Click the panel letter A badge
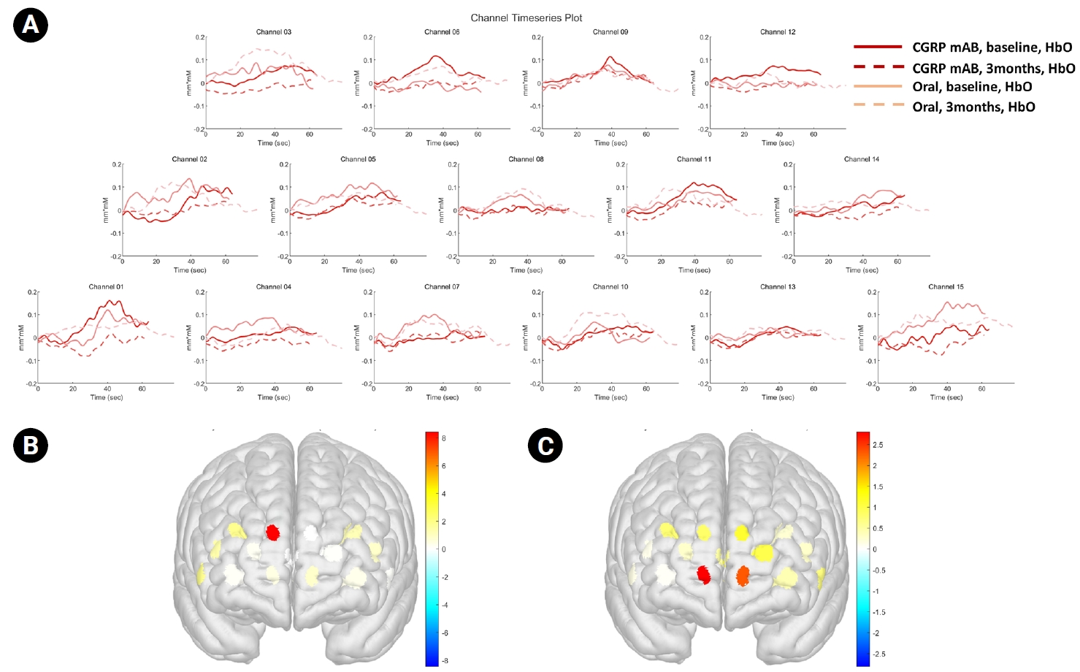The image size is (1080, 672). pos(31,25)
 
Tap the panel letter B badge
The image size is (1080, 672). pos(31,445)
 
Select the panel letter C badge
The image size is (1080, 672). pos(545,445)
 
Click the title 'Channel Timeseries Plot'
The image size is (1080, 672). pos(526,18)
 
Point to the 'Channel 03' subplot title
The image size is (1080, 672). pos(274,32)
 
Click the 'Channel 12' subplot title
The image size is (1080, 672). pos(778,32)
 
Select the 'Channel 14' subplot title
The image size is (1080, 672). pos(862,159)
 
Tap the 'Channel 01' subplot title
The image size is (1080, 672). pos(106,287)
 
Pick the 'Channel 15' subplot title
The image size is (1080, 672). pos(946,287)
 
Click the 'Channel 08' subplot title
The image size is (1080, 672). pos(526,159)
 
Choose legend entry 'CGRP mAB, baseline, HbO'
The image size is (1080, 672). pos(992,47)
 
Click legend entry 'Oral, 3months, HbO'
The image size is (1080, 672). pos(973,107)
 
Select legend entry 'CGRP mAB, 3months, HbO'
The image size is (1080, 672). pos(993,68)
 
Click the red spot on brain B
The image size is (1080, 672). pos(273,532)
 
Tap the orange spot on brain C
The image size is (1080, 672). pos(743,576)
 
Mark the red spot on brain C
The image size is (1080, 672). pos(704,574)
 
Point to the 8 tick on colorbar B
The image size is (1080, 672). pos(443,438)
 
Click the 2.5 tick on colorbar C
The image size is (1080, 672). pos(878,445)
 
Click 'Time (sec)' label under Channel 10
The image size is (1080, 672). pos(610,398)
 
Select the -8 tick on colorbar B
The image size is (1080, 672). pos(443,661)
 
